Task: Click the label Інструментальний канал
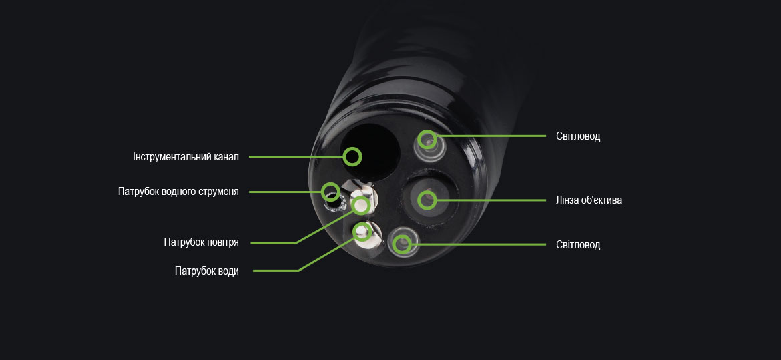(x=186, y=158)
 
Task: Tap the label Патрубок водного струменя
(x=178, y=192)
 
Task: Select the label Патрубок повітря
(x=201, y=242)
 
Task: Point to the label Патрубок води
(x=206, y=271)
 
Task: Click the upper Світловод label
(x=578, y=136)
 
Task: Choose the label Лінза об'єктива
(x=589, y=200)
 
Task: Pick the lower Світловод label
(x=578, y=245)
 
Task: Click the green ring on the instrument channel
(x=352, y=158)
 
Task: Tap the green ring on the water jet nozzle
(x=330, y=192)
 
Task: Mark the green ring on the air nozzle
(x=360, y=204)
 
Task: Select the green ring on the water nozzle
(x=362, y=231)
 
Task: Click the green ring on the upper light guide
(x=427, y=140)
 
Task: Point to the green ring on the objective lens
(x=427, y=199)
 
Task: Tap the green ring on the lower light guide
(x=401, y=244)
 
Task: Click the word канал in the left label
(x=224, y=158)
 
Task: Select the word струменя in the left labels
(x=218, y=192)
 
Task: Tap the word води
(x=226, y=271)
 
